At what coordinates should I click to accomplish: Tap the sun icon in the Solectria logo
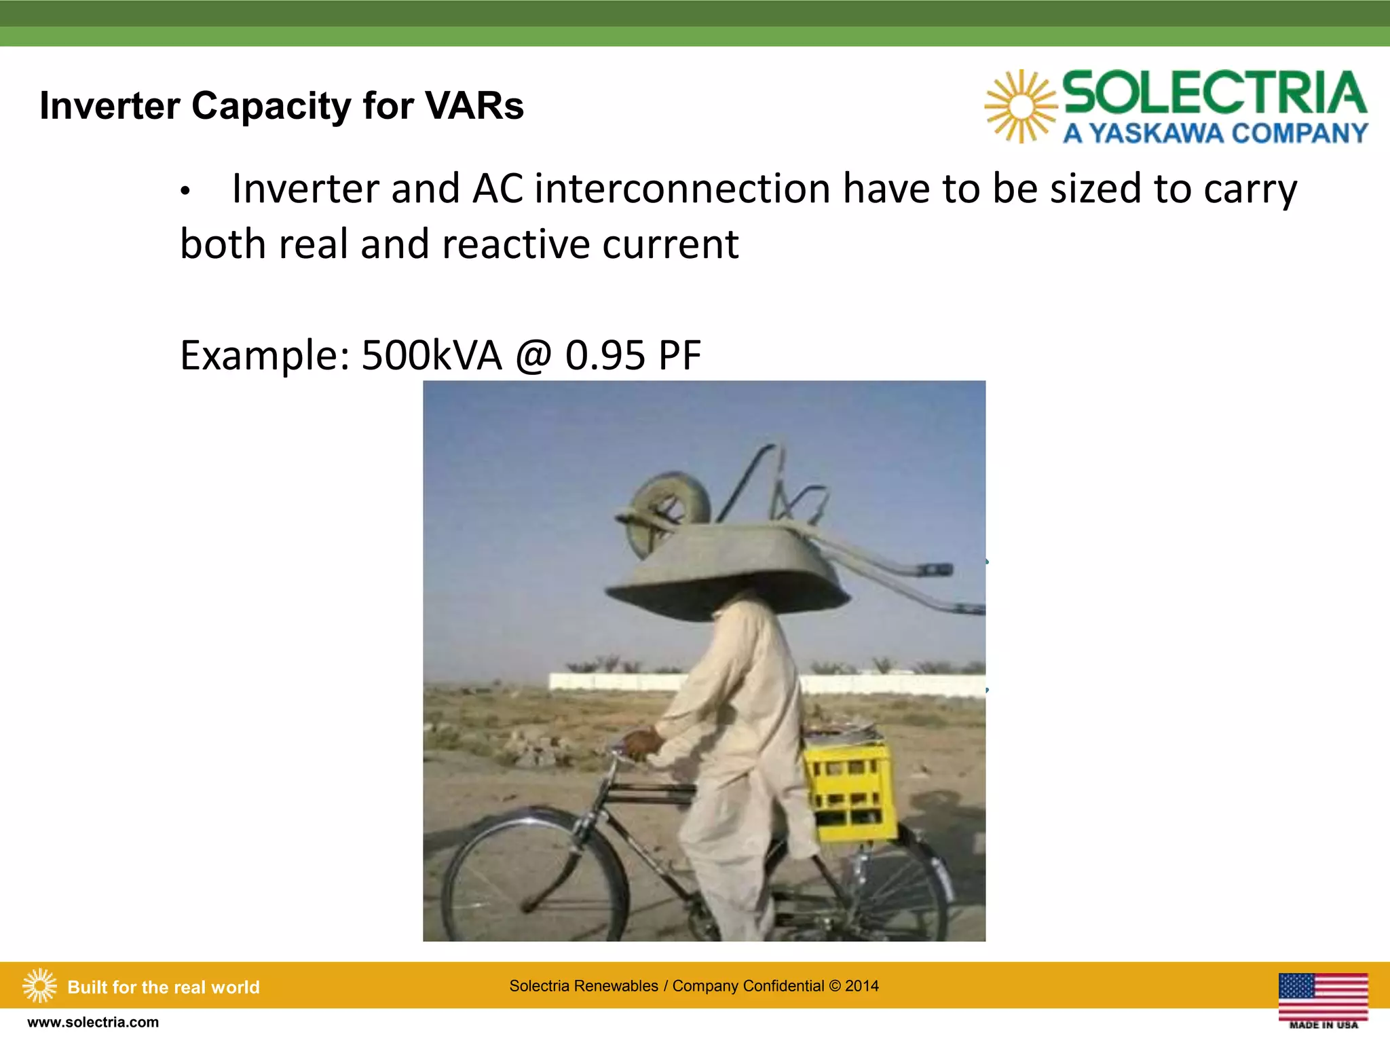coord(1020,106)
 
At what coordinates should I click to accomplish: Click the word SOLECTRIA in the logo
coord(1214,93)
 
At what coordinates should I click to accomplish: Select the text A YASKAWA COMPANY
coord(1214,133)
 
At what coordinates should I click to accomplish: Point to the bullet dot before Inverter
coord(185,192)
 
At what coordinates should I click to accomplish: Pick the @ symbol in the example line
coord(533,356)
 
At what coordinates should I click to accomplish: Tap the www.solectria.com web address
coord(93,1022)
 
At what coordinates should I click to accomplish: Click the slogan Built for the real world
coord(163,987)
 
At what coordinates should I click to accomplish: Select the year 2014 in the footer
coord(861,986)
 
